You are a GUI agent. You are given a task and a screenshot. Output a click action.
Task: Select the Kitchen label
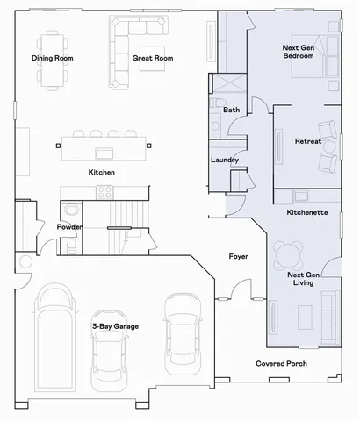(101, 172)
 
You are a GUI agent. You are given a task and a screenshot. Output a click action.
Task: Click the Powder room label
(69, 227)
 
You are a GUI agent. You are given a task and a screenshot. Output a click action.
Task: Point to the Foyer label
(238, 257)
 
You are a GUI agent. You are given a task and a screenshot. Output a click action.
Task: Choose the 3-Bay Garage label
(115, 326)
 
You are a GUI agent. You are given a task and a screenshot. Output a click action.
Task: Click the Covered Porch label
(281, 363)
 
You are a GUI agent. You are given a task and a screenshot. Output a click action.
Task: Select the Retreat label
(307, 141)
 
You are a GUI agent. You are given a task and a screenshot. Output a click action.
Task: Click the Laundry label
(226, 160)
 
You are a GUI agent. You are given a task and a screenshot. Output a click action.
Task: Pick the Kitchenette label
(307, 213)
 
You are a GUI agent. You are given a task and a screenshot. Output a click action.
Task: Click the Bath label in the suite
(231, 111)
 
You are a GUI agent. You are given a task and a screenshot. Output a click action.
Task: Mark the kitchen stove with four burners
(104, 192)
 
